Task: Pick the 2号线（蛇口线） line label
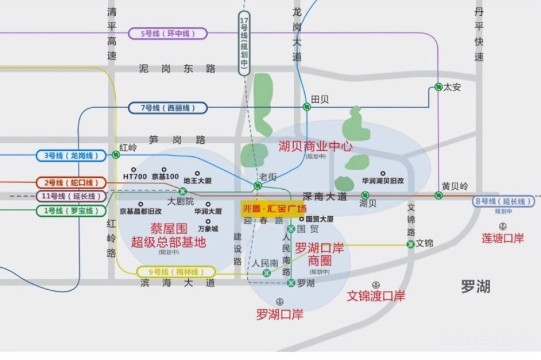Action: coord(71,183)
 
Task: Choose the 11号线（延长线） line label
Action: coord(71,196)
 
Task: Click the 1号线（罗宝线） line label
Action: coord(71,211)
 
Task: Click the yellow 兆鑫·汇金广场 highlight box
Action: coord(274,209)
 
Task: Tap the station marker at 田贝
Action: coord(307,107)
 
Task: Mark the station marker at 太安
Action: coord(438,87)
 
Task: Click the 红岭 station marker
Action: coord(116,155)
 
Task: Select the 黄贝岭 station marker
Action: coord(438,195)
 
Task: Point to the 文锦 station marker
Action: coord(410,244)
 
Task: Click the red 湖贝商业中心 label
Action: coord(315,146)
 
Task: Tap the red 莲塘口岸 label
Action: coord(503,238)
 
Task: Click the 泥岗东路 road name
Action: coord(177,69)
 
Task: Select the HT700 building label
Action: coord(135,177)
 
